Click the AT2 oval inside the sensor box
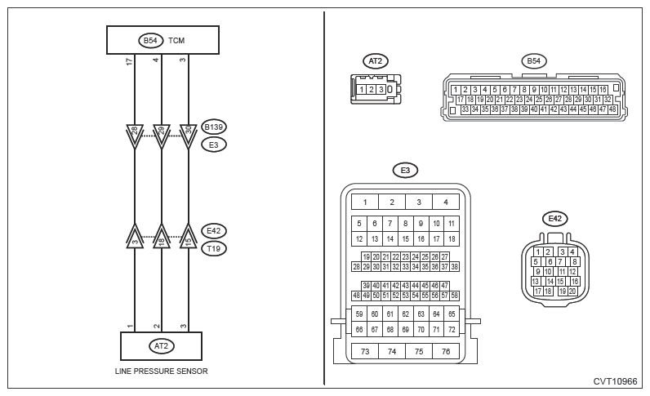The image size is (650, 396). click(161, 345)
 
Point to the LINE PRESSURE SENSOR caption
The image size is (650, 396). click(161, 372)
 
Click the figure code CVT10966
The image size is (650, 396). click(616, 381)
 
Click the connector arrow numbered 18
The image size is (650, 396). click(162, 238)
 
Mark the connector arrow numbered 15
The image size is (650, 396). click(189, 238)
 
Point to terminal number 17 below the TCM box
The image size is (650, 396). click(130, 61)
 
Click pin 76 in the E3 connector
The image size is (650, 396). click(445, 351)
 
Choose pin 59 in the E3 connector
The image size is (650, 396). click(359, 314)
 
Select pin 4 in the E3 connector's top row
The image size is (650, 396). click(445, 202)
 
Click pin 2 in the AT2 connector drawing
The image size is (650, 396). click(371, 89)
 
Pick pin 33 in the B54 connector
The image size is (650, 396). click(465, 109)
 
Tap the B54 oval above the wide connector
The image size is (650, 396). click(533, 60)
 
